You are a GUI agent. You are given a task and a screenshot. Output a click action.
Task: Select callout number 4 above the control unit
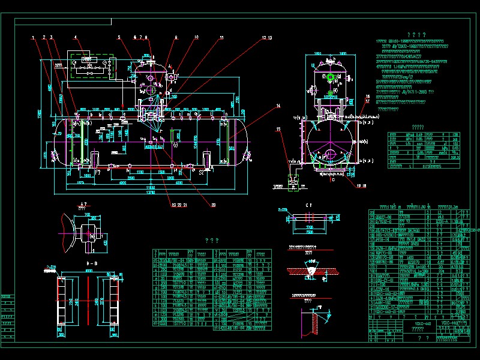[x=75, y=37]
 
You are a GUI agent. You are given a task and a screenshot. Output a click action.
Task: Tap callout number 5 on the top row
[x=119, y=37]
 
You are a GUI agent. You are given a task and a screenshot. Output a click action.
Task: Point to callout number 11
[x=221, y=37]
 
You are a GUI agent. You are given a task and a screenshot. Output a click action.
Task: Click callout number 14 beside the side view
[x=278, y=106]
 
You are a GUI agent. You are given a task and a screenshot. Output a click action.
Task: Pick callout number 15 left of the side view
[x=278, y=129]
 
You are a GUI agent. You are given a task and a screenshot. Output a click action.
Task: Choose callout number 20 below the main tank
[x=213, y=205]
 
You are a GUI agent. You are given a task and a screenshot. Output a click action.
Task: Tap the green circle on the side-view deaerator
[x=329, y=77]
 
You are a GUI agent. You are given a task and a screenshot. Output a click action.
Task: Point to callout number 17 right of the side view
[x=367, y=101]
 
